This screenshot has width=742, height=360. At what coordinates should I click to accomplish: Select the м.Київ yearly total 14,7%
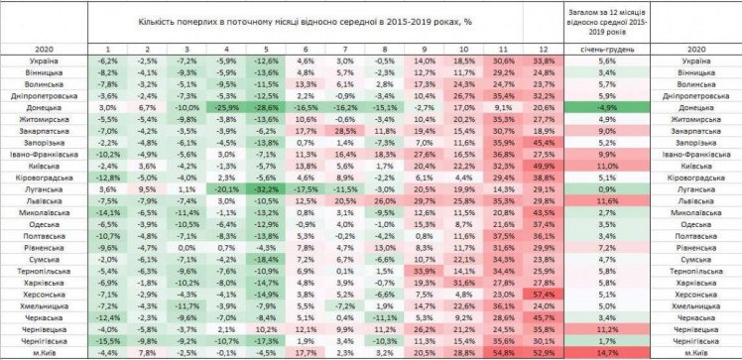[610, 351]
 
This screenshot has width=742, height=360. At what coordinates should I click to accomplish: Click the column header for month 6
[305, 48]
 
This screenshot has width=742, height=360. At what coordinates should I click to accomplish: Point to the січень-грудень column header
[610, 48]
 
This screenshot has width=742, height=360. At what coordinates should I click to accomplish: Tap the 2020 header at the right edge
[697, 48]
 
